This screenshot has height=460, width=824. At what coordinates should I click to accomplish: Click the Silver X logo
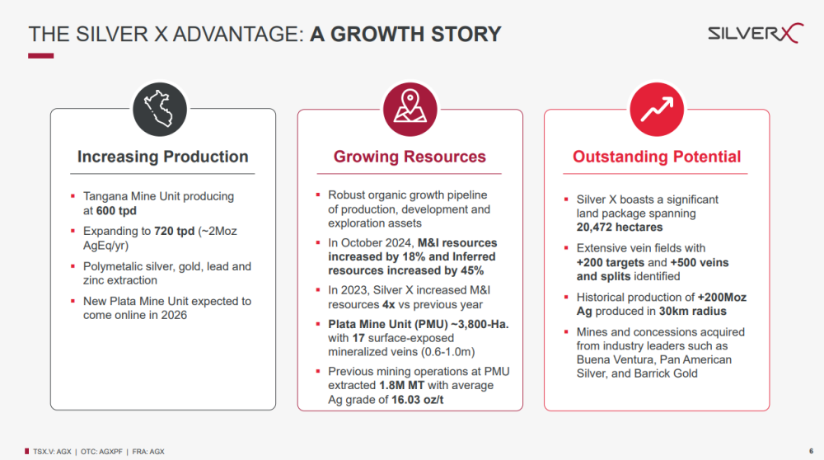755,33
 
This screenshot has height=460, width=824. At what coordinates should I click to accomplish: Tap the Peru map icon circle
160,110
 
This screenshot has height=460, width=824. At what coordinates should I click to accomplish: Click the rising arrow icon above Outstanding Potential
657,110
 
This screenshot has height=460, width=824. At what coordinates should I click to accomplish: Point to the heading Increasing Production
163,157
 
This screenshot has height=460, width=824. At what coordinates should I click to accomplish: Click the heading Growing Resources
410,157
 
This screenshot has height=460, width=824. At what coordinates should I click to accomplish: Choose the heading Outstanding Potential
657,157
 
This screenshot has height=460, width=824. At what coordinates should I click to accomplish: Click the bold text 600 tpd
116,211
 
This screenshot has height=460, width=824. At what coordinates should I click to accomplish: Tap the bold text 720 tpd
175,232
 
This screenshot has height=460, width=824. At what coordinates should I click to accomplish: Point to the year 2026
174,316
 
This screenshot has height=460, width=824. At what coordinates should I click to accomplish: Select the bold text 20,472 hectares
620,227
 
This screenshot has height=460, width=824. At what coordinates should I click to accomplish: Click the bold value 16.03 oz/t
417,400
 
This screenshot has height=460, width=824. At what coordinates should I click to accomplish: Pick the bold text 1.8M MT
401,385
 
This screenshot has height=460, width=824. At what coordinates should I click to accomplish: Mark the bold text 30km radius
693,312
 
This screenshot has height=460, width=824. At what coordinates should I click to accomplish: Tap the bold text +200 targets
611,262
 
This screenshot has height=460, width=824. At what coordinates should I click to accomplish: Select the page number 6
812,451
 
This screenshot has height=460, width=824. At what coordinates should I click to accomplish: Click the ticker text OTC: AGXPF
101,452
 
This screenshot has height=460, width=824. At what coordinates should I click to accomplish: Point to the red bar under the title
41,56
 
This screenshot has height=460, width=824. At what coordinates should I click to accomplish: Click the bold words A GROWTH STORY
405,34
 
